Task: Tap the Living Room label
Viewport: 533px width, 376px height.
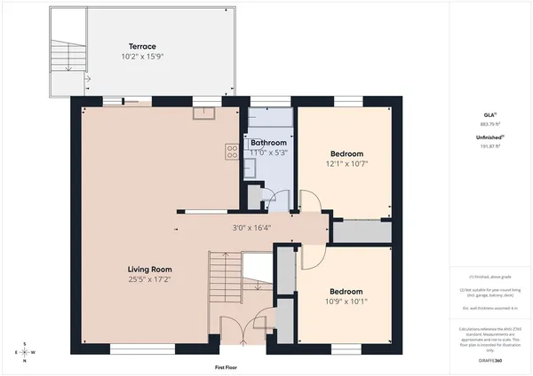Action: tap(149, 270)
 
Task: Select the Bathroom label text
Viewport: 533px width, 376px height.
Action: tap(267, 142)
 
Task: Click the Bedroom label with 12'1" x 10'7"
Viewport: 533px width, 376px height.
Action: tap(346, 153)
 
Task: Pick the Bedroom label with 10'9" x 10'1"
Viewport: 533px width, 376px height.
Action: tap(346, 291)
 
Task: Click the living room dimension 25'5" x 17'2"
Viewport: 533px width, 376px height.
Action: tap(149, 280)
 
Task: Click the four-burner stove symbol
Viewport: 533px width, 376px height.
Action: tap(231, 152)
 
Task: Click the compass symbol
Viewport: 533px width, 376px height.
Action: tap(26, 351)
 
